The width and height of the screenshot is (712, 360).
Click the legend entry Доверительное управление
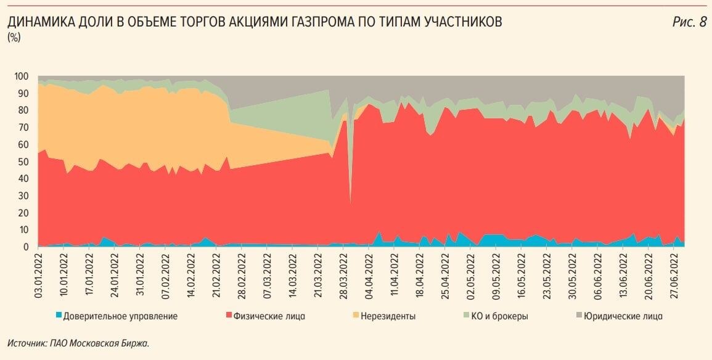pos(121,316)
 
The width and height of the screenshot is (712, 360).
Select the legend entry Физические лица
pos(270,316)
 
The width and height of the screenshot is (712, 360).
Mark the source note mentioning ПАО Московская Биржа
pos(78,343)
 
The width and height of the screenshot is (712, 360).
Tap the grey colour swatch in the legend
pos(579,316)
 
